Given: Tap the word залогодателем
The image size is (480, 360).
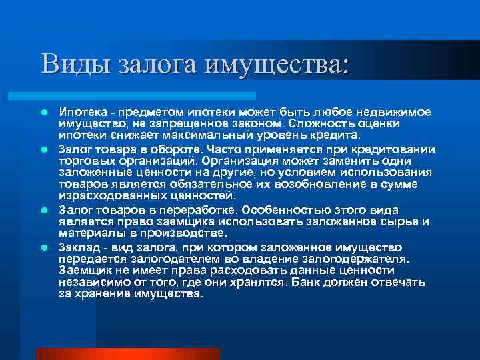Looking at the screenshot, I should (x=173, y=258).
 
